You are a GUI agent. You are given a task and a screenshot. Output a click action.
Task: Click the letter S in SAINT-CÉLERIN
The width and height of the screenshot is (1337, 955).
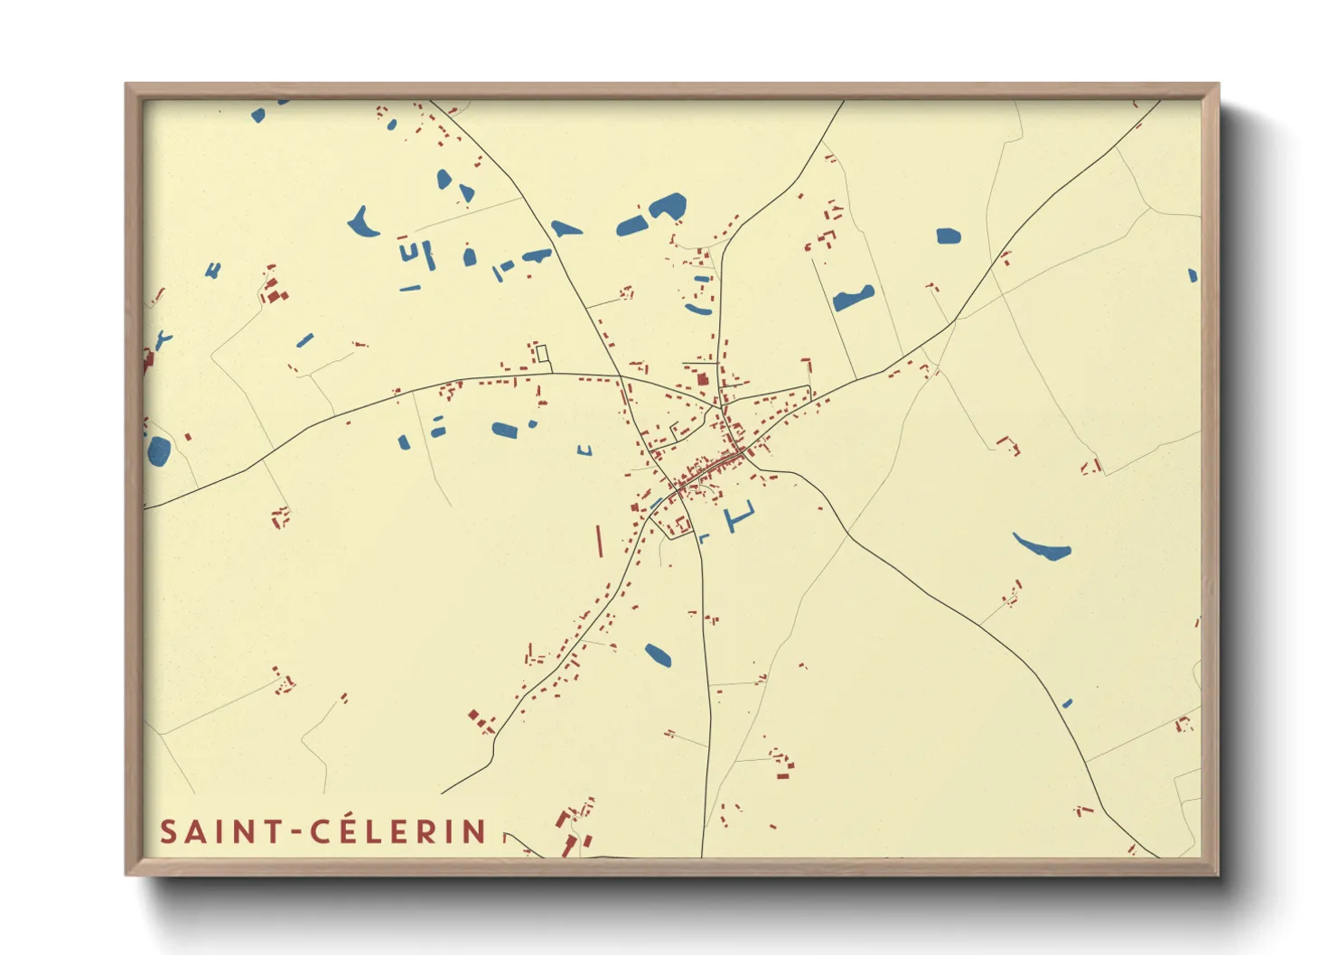[x=168, y=831]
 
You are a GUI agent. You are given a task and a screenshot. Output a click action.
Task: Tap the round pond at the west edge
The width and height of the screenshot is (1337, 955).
[x=159, y=450]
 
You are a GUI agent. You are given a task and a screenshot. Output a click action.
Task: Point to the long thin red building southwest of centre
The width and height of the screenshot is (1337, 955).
[x=598, y=541]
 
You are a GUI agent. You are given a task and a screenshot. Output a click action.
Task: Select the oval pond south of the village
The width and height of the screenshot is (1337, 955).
[x=658, y=655]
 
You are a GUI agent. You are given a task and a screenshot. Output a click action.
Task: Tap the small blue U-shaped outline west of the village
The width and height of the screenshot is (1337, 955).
[x=585, y=450]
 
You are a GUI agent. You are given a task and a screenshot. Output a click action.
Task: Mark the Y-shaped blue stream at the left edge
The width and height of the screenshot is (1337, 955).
[x=163, y=339]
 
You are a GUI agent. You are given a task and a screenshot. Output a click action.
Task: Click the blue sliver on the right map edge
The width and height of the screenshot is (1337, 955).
[x=1192, y=275]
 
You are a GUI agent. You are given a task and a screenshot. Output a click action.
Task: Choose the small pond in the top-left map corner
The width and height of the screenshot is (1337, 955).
[x=258, y=115]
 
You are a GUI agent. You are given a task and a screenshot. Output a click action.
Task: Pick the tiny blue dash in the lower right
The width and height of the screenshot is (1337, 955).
[x=1067, y=702]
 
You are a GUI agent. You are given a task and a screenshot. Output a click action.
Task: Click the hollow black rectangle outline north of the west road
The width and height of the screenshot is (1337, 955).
[x=543, y=353]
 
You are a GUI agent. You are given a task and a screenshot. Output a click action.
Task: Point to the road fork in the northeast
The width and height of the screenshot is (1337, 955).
[x=955, y=320]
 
